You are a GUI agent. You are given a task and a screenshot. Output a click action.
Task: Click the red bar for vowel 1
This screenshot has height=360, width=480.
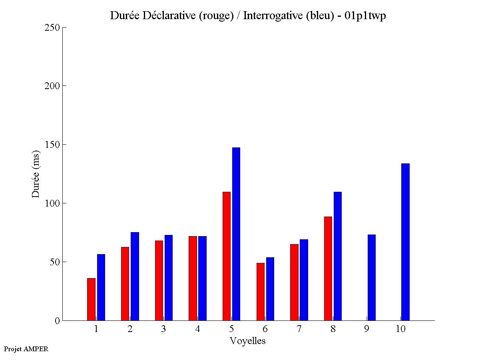tap(91, 299)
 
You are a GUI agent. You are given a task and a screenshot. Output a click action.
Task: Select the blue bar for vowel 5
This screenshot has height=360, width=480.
tap(236, 234)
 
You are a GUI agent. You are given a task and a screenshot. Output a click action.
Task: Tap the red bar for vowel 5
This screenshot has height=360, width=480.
tap(227, 256)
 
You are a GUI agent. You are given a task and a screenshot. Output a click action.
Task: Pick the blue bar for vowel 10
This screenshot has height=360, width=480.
tap(405, 242)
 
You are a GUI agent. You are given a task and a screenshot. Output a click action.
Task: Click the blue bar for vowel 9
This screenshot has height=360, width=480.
tap(371, 277)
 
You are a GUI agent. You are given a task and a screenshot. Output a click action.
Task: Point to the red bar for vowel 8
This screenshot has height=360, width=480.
tap(328, 269)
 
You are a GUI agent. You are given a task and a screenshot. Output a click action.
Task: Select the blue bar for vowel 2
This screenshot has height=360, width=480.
tap(135, 276)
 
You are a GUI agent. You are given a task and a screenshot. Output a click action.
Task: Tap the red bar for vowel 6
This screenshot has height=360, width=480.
tap(260, 292)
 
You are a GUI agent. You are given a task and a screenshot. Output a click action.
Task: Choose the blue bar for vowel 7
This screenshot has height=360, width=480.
tap(304, 280)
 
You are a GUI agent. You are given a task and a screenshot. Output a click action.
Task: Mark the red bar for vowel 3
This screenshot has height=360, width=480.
tap(159, 280)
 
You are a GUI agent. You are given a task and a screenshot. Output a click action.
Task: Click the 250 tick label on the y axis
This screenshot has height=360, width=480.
tap(52, 28)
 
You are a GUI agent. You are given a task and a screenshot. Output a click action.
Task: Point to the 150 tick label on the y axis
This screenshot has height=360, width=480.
tap(52, 145)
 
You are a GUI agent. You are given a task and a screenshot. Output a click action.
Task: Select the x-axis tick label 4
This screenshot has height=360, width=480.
tap(197, 329)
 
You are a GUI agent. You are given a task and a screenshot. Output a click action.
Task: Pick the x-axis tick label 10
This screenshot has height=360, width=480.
tap(400, 329)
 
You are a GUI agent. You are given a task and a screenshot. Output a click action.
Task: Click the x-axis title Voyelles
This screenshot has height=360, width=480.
tap(247, 341)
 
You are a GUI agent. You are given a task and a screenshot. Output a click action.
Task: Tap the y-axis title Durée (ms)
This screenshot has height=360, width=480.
tap(36, 174)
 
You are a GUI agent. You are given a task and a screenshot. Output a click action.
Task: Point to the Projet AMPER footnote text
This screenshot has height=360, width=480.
tap(26, 349)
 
